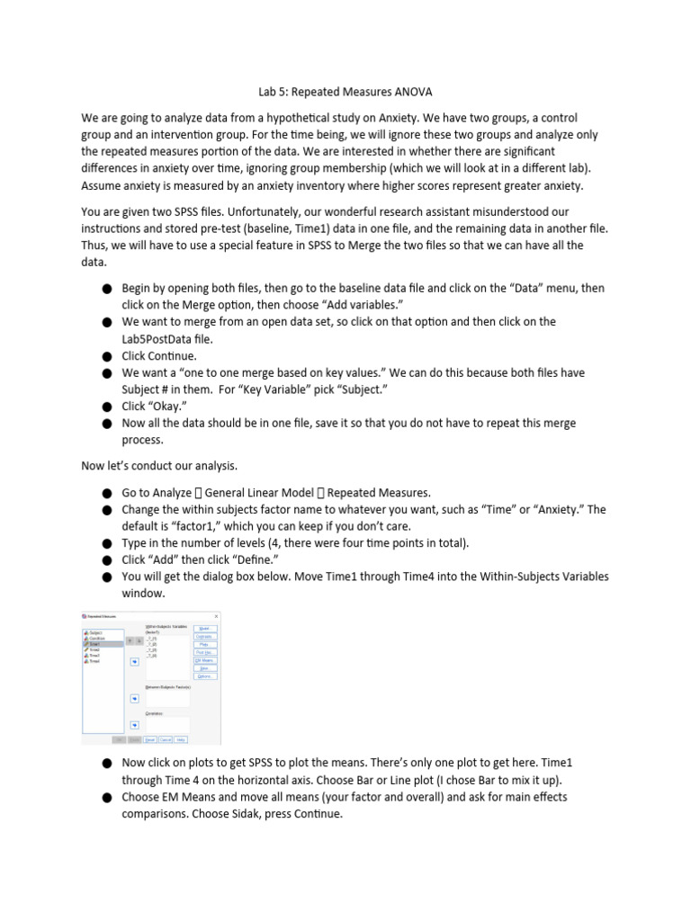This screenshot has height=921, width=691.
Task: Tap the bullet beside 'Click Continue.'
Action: (106, 356)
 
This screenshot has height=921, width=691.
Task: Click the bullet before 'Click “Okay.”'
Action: (106, 407)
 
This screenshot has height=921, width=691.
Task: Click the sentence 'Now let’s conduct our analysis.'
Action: (159, 466)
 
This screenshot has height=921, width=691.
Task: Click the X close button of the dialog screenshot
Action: (216, 615)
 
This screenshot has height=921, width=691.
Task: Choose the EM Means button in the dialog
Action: (205, 660)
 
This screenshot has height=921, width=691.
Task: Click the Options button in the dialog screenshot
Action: (205, 676)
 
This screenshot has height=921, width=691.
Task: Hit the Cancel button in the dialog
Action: (166, 739)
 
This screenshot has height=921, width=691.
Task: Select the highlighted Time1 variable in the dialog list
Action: (100, 644)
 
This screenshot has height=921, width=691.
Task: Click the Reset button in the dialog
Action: (150, 739)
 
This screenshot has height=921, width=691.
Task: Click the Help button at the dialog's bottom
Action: (181, 739)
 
